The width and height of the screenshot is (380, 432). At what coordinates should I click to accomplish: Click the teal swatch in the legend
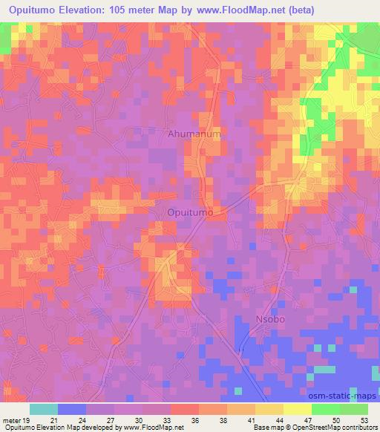pyautogui.click(x=44, y=409)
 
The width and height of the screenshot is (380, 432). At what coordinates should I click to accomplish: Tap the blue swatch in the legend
pyautogui.click(x=72, y=409)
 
